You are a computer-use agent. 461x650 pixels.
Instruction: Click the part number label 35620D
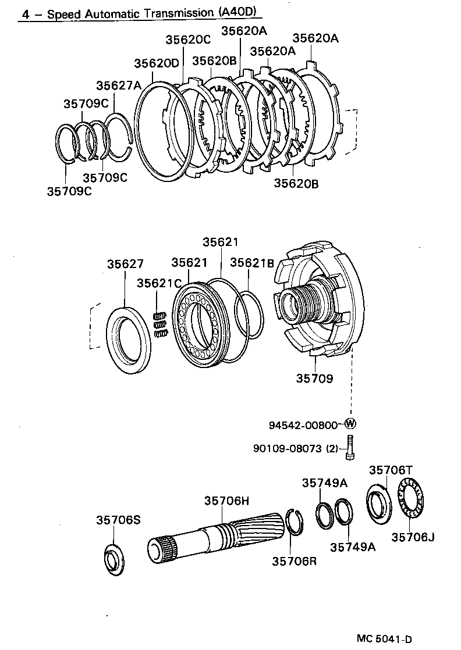click(x=157, y=63)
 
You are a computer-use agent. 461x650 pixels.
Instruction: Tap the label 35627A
click(x=119, y=86)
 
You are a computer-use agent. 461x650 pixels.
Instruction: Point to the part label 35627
click(x=125, y=264)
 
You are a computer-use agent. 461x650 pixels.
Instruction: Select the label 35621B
click(x=251, y=262)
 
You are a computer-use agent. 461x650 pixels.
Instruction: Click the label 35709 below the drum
click(x=314, y=378)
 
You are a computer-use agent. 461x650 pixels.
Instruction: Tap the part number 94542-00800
click(x=303, y=425)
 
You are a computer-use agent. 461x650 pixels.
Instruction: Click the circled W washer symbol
click(x=350, y=424)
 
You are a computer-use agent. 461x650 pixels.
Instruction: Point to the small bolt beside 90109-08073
click(x=350, y=448)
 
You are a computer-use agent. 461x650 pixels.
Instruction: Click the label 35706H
click(x=226, y=501)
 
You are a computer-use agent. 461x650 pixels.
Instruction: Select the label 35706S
click(x=118, y=520)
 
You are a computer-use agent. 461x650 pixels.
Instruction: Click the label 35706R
click(x=295, y=561)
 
